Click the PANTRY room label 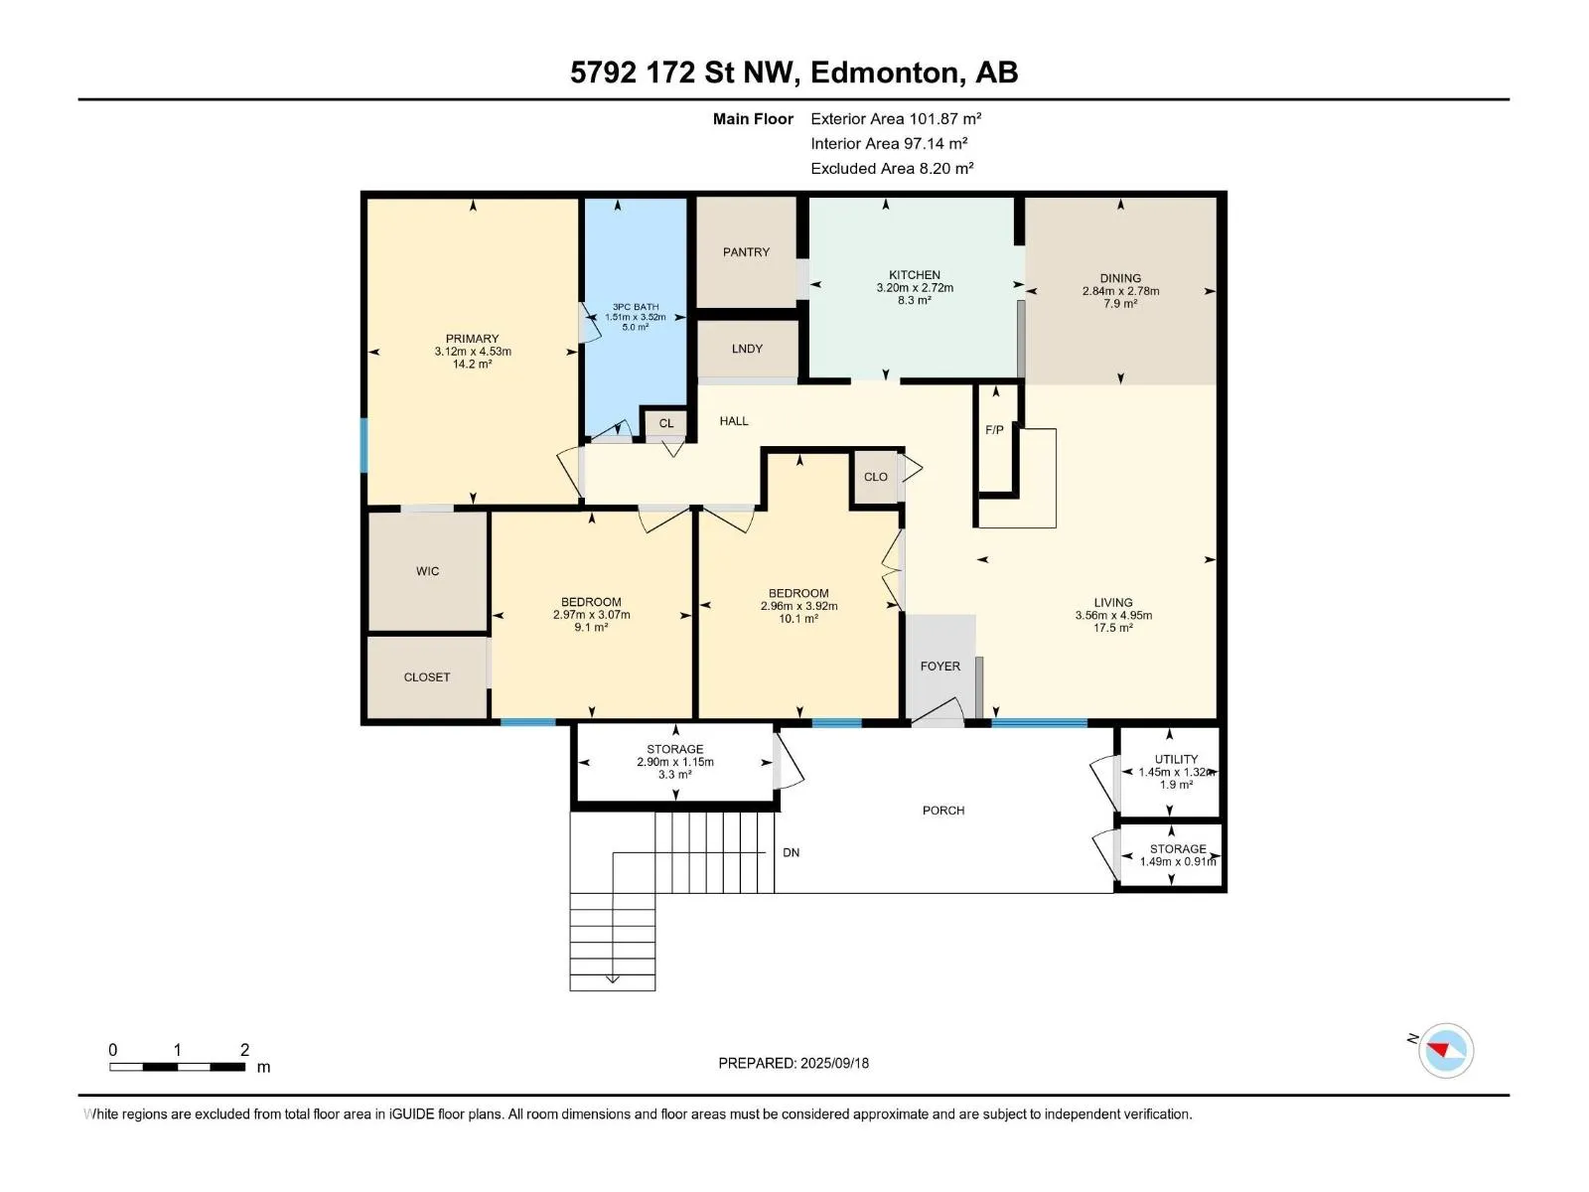pyautogui.click(x=746, y=252)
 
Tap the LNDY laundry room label pyautogui.click(x=747, y=349)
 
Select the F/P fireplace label pyautogui.click(x=994, y=430)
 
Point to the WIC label pyautogui.click(x=427, y=571)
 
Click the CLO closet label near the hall pyautogui.click(x=875, y=477)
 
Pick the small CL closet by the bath pyautogui.click(x=666, y=423)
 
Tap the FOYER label pyautogui.click(x=939, y=666)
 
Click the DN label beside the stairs pyautogui.click(x=791, y=852)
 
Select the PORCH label pyautogui.click(x=942, y=811)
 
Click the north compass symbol pyautogui.click(x=1445, y=1050)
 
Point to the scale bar pyautogui.click(x=177, y=1066)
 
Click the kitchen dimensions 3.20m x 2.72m pyautogui.click(x=915, y=287)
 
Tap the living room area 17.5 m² pyautogui.click(x=1112, y=628)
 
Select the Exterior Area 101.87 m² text pyautogui.click(x=896, y=118)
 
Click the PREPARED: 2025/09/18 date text pyautogui.click(x=793, y=1063)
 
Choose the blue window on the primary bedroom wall pyautogui.click(x=364, y=445)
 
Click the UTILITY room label pyautogui.click(x=1176, y=759)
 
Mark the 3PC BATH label pyautogui.click(x=635, y=307)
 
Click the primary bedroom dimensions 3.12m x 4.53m pyautogui.click(x=473, y=351)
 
